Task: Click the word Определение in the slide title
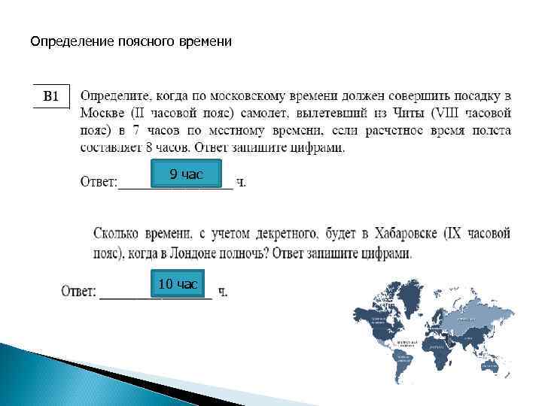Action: pos(72,42)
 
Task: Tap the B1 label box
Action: pos(51,96)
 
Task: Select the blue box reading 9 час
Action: pos(186,174)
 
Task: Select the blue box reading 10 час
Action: pos(178,283)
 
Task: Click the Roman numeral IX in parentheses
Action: pos(453,235)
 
